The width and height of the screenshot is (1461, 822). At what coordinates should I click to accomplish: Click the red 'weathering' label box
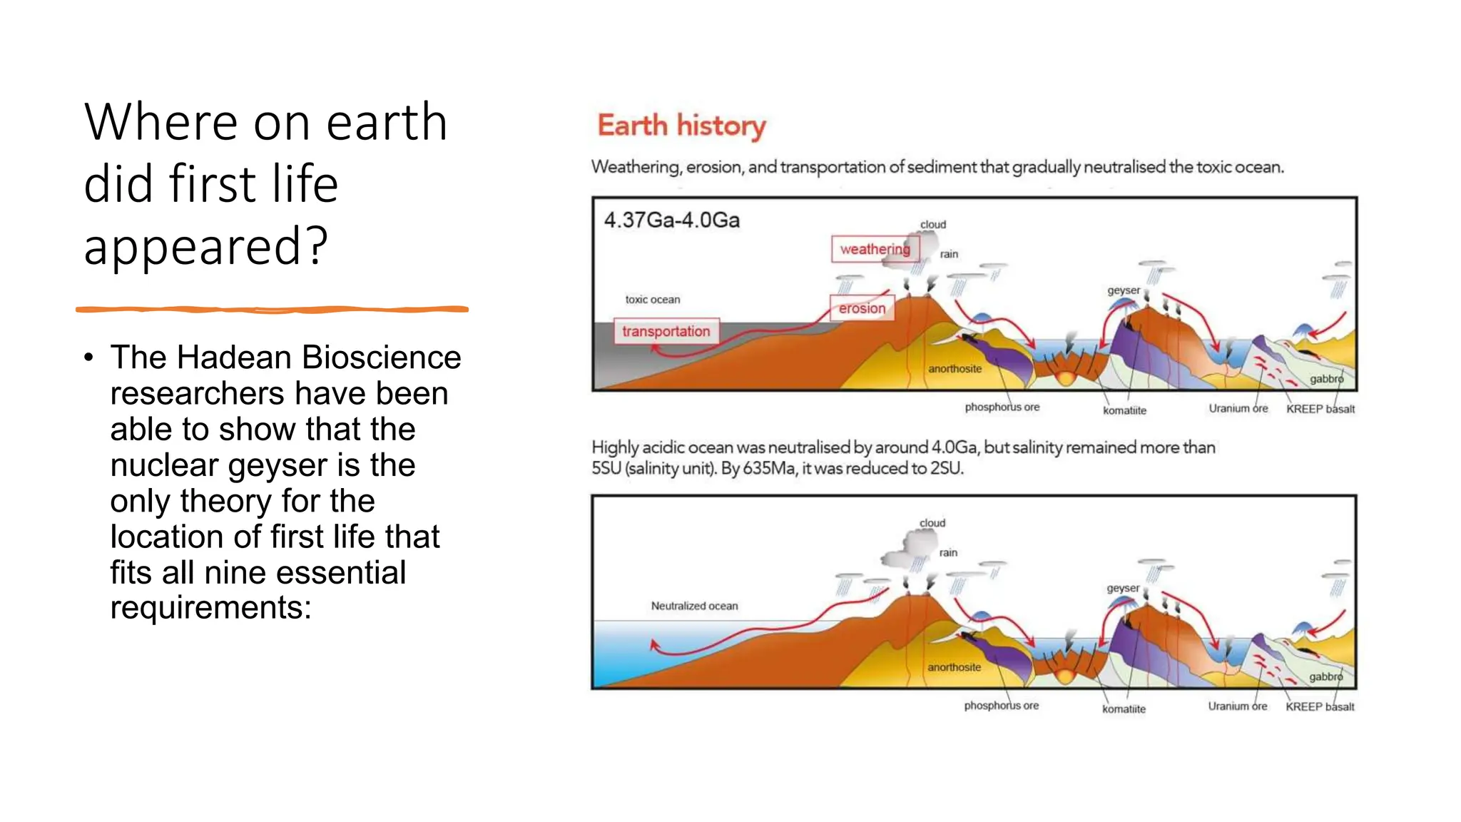(875, 249)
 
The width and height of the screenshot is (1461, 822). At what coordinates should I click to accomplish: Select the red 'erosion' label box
(862, 308)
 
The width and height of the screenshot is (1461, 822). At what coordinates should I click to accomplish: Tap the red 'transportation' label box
(666, 331)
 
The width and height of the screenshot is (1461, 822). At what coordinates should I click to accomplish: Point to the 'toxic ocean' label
(653, 300)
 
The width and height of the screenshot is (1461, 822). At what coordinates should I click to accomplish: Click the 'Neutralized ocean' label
(694, 606)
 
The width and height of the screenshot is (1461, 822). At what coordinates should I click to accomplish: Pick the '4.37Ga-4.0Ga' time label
(672, 220)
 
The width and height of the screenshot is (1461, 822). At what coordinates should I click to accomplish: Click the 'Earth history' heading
(681, 126)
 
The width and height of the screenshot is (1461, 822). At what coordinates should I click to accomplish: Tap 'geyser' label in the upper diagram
(1124, 290)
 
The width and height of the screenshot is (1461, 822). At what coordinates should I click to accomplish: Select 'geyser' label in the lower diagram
(1123, 588)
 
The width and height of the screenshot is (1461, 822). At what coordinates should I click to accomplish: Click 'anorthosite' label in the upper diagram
(955, 369)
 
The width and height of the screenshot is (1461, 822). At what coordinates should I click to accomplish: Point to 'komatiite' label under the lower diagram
(1124, 709)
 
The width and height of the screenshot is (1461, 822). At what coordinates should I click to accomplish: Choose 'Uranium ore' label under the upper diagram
(1238, 408)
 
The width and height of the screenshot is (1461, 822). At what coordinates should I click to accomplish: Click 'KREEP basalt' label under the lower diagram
(1320, 706)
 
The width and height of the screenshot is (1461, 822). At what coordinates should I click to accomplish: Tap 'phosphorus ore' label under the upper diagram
(1002, 407)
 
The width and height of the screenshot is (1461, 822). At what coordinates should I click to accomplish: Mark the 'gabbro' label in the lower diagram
(1325, 676)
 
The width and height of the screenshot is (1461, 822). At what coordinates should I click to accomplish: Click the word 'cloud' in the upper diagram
(933, 225)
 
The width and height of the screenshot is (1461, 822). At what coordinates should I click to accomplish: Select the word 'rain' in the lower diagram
(948, 552)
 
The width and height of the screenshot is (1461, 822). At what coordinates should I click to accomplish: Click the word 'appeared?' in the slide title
(206, 246)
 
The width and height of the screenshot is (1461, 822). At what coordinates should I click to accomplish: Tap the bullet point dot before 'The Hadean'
(88, 357)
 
